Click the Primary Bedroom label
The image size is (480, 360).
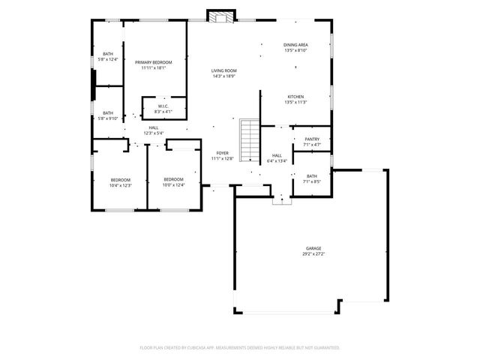pos(153,61)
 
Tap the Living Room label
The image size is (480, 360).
pos(224,70)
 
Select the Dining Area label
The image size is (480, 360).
pos(295,45)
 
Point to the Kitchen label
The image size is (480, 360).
pos(295,97)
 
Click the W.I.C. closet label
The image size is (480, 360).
pos(163,106)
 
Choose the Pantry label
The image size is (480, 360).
pos(312,139)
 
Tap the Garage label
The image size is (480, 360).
pos(313,248)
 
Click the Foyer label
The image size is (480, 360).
pos(223,152)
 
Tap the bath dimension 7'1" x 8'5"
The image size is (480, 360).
pos(312,181)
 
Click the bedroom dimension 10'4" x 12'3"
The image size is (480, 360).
pos(121,185)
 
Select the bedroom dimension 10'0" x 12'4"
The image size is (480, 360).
pos(173,185)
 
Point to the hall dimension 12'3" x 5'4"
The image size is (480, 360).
pos(153,133)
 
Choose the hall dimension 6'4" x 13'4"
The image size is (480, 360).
pos(277,161)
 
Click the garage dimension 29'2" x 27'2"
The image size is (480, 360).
pos(313,254)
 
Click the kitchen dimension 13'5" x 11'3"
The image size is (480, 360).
pos(295,103)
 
